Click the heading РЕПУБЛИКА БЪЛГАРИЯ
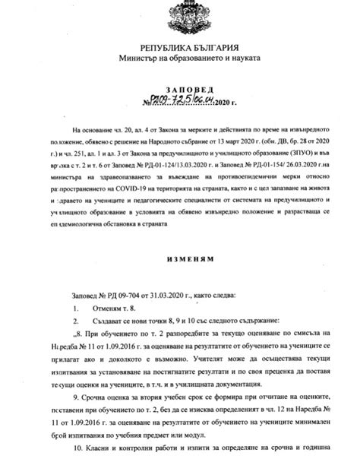(179, 47)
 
